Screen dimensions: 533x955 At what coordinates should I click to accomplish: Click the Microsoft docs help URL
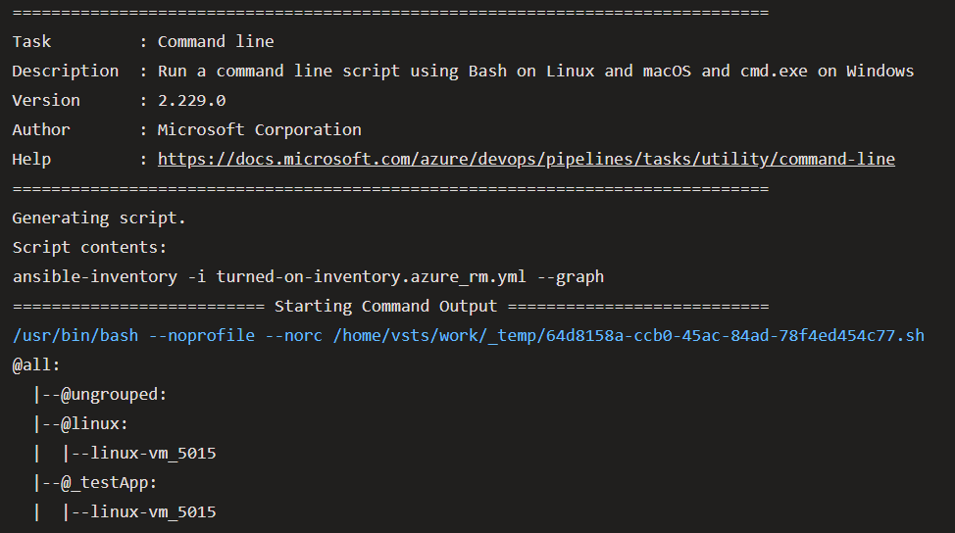(x=526, y=159)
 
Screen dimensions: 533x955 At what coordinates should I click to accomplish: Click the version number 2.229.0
(x=191, y=100)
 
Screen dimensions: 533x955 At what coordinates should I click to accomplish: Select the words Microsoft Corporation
(x=259, y=129)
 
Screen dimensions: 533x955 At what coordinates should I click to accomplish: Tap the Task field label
(x=31, y=41)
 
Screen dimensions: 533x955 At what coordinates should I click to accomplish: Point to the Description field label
(x=65, y=71)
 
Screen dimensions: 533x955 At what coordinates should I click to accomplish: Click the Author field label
(x=41, y=129)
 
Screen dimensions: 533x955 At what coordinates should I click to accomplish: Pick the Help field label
(x=31, y=159)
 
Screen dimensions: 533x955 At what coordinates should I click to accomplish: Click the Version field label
(x=46, y=100)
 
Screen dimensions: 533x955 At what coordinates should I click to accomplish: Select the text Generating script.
(x=99, y=218)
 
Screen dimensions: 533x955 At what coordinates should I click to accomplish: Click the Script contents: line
(x=89, y=247)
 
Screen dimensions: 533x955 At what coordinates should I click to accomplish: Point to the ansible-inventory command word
(x=94, y=276)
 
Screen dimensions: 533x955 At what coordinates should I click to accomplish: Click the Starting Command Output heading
(x=385, y=306)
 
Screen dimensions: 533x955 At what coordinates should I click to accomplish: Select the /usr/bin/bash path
(x=75, y=335)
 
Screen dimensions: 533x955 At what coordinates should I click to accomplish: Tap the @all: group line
(x=36, y=364)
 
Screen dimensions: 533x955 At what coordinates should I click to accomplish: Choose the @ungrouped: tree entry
(x=114, y=394)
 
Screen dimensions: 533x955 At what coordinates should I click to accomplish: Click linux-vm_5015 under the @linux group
(x=153, y=453)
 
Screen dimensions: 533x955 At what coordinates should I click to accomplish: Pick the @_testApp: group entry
(x=109, y=482)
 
